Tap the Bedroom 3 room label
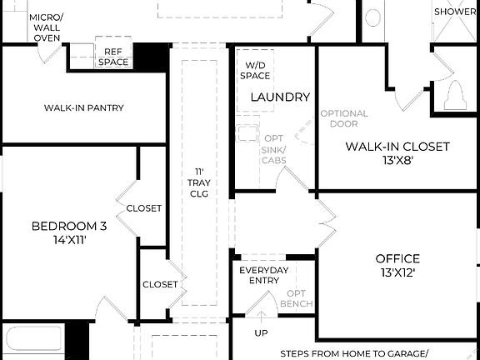(x=69, y=226)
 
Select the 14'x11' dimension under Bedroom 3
(x=69, y=240)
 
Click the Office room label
(x=397, y=258)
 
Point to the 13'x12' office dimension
(x=397, y=272)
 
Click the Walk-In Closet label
(x=397, y=147)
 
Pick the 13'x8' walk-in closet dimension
(x=397, y=160)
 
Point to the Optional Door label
(x=338, y=118)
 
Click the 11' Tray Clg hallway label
(x=198, y=182)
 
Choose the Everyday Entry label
(x=264, y=276)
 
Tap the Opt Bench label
(x=296, y=298)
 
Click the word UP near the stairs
(x=262, y=332)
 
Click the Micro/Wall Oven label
(x=46, y=27)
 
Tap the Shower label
(x=455, y=12)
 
